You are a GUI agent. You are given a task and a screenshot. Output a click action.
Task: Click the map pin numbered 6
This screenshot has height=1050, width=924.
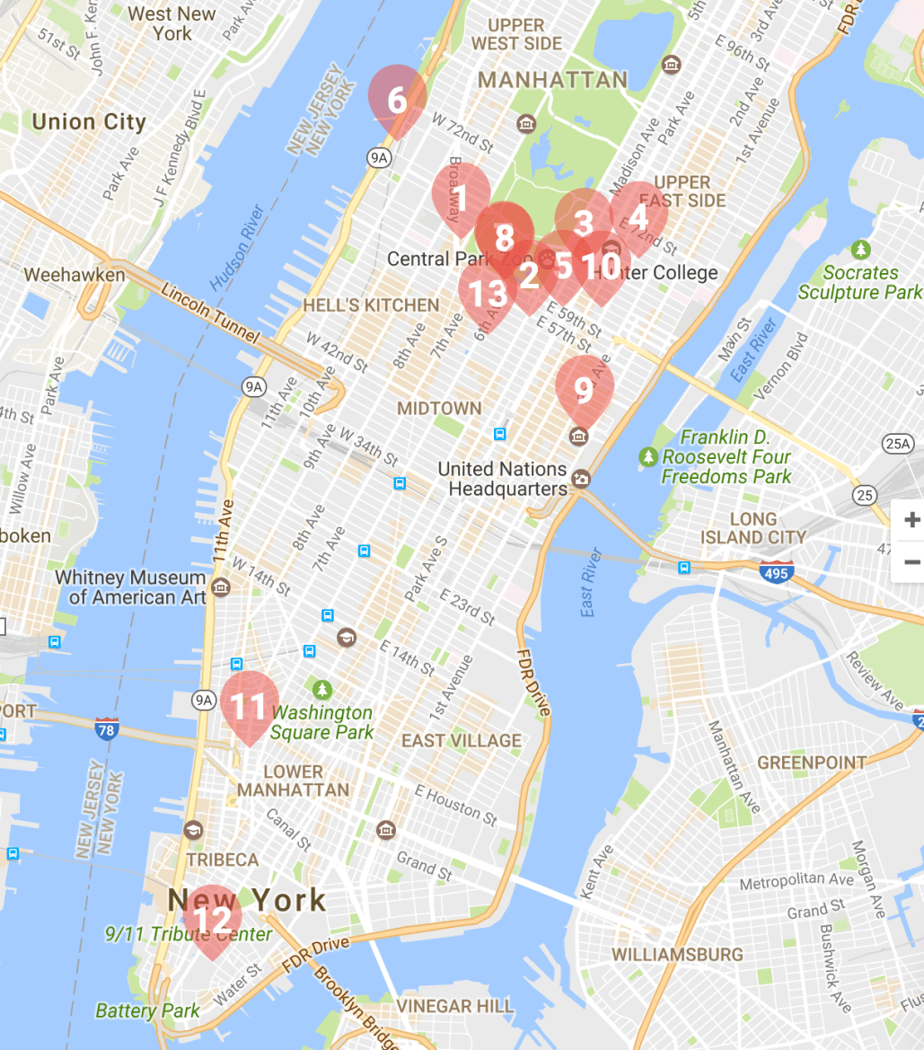[397, 99]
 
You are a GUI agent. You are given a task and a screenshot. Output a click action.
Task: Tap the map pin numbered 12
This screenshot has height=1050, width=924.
[213, 919]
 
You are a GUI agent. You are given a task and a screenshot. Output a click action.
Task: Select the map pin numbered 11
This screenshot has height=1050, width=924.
[249, 705]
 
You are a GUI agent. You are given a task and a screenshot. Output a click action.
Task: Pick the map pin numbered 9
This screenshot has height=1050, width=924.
[584, 390]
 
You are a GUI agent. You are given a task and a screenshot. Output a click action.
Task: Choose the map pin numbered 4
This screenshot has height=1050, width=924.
[638, 216]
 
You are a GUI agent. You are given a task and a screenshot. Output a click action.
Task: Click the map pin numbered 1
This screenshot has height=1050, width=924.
[461, 199]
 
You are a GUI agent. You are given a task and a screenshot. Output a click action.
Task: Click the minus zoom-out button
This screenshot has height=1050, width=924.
[911, 562]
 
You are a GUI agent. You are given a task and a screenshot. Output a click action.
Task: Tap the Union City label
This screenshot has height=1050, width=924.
[88, 122]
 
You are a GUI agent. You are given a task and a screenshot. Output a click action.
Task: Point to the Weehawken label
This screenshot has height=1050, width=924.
[75, 275]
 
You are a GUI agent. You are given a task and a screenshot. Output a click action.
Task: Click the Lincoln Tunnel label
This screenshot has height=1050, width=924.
[209, 315]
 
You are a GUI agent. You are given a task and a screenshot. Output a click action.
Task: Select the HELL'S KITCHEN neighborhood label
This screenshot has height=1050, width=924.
[371, 305]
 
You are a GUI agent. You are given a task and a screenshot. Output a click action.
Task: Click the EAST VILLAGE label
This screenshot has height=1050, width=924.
[461, 741]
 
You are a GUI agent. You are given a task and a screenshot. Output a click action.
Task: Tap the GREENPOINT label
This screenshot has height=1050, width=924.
[812, 763]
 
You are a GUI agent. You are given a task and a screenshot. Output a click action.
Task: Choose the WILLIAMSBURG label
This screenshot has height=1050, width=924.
[677, 954]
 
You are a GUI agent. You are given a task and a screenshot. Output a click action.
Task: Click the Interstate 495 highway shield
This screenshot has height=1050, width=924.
[775, 572]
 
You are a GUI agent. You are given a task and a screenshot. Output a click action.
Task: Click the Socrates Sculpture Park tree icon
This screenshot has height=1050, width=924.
[861, 250]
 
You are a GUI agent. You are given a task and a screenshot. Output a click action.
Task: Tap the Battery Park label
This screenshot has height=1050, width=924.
[147, 1011]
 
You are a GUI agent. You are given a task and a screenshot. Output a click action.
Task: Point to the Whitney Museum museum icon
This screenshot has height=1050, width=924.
[221, 587]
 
